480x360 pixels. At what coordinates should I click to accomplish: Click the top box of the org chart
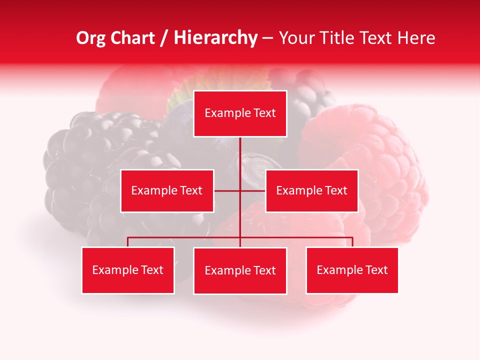pyautogui.click(x=240, y=113)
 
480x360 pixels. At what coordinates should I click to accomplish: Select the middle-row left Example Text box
pyautogui.click(x=167, y=190)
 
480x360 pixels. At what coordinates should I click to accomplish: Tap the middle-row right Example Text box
pyautogui.click(x=311, y=190)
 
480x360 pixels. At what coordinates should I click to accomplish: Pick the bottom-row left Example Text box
pyautogui.click(x=128, y=270)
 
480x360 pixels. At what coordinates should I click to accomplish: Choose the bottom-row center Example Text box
pyautogui.click(x=240, y=270)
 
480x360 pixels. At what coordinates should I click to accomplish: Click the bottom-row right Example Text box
pyautogui.click(x=352, y=270)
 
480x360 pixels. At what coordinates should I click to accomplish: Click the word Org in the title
pyautogui.click(x=90, y=38)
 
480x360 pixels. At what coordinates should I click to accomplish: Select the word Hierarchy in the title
pyautogui.click(x=215, y=38)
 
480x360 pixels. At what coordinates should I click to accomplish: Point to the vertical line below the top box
pyautogui.click(x=240, y=152)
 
